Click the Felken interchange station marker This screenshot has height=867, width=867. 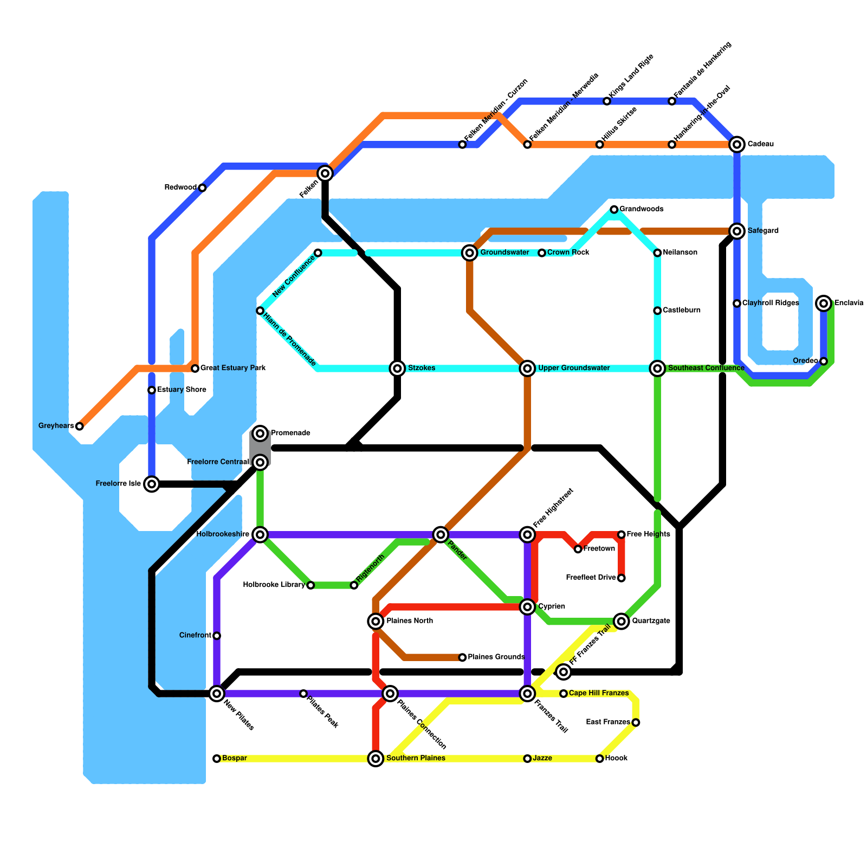(325, 173)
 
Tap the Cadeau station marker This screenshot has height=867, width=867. (736, 144)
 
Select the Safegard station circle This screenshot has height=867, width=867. (736, 231)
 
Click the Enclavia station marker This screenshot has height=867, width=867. (824, 303)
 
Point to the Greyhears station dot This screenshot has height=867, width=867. (80, 426)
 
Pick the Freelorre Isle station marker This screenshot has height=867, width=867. (152, 484)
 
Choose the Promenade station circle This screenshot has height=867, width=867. (261, 433)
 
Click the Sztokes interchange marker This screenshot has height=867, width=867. (398, 368)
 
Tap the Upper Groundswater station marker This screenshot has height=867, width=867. (527, 368)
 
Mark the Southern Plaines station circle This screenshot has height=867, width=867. (376, 758)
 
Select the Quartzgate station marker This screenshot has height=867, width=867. (622, 621)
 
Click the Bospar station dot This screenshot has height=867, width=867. (217, 759)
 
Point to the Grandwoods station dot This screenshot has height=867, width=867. (614, 209)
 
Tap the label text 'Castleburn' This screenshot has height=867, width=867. (682, 310)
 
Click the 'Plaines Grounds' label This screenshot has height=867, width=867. (496, 657)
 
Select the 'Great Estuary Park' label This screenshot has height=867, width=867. (233, 368)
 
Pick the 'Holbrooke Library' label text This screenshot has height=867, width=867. (274, 585)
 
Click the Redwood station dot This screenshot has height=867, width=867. (202, 188)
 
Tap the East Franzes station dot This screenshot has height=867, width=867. (636, 722)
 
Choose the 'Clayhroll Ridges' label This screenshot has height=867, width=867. (770, 303)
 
